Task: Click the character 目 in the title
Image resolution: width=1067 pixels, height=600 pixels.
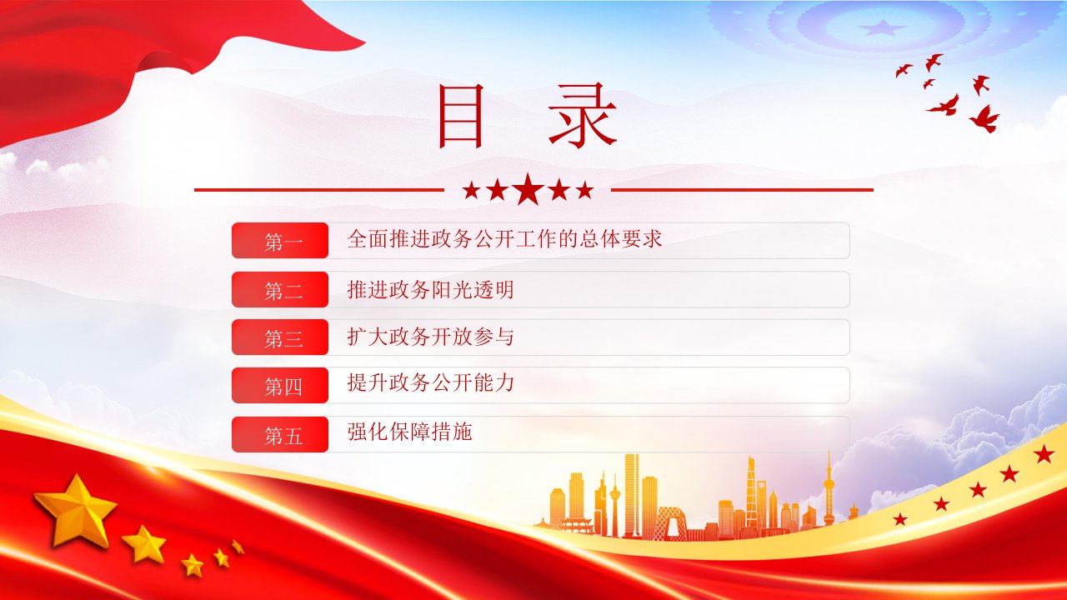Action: click(x=461, y=116)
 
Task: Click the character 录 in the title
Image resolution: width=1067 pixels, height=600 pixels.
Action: click(x=583, y=115)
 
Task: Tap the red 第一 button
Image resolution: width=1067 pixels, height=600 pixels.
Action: click(x=280, y=241)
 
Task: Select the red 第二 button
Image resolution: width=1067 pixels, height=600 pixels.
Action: click(x=280, y=289)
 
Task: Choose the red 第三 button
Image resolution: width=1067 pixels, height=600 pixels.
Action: click(x=280, y=337)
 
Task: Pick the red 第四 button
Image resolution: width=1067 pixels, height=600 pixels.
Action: click(x=280, y=385)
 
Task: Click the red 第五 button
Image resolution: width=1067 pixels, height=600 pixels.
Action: click(x=280, y=434)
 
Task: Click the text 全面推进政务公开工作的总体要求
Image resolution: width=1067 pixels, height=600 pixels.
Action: click(x=504, y=238)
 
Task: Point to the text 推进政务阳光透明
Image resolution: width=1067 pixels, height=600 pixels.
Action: click(x=430, y=289)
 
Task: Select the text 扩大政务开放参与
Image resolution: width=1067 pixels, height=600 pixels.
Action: click(x=430, y=337)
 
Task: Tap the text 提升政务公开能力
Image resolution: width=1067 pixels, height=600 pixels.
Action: click(x=430, y=382)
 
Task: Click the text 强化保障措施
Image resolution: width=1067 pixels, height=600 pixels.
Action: click(x=409, y=432)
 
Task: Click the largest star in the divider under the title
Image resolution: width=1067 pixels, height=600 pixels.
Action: click(x=528, y=189)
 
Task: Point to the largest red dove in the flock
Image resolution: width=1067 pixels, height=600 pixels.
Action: click(x=984, y=118)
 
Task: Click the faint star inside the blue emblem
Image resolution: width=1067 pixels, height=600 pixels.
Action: click(x=882, y=27)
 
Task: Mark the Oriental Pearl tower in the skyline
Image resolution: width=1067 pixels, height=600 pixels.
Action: click(x=829, y=491)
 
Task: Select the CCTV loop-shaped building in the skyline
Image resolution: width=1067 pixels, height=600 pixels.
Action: click(x=671, y=524)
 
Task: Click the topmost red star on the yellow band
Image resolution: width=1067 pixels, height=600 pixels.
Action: click(x=1044, y=454)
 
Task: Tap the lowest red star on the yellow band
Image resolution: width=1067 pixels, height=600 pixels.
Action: click(x=899, y=518)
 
